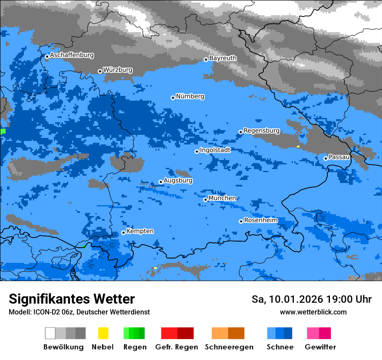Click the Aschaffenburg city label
point(72,56)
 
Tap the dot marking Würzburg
point(100,71)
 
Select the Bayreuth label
point(223,58)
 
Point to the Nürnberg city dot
point(173,98)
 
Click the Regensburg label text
point(261,131)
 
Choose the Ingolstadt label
point(215,150)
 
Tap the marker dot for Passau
point(326,158)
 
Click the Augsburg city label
point(178,180)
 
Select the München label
point(222,198)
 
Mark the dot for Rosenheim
point(241,221)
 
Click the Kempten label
point(140,231)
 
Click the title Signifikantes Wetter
point(72,299)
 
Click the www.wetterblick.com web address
point(313,312)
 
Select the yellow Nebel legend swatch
point(103,333)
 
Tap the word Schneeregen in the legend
point(229,347)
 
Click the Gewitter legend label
point(320,347)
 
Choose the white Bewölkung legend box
point(50,333)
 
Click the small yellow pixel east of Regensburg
point(298,147)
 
